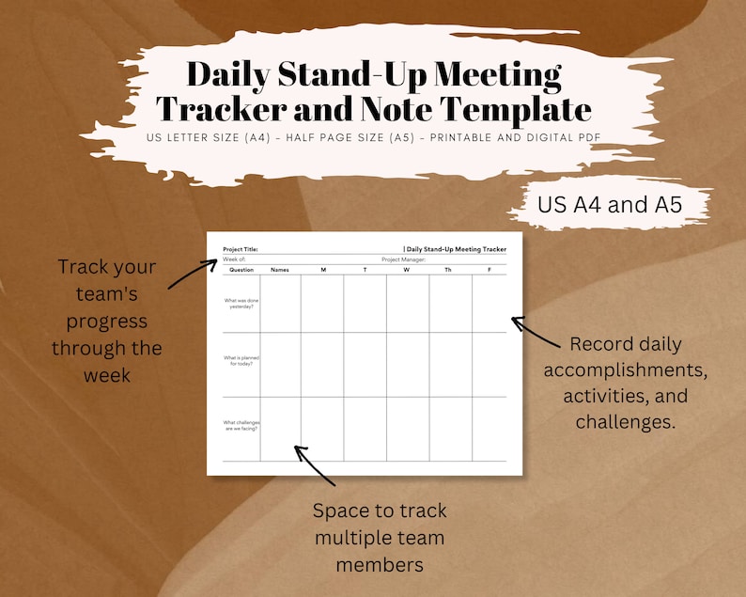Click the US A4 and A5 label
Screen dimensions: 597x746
click(610, 205)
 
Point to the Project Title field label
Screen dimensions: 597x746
click(241, 249)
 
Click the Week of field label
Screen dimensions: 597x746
click(234, 259)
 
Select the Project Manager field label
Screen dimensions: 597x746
click(403, 259)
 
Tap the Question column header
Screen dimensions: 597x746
click(241, 270)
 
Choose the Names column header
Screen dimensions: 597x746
click(280, 270)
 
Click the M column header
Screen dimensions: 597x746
click(322, 270)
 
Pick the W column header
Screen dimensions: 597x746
click(408, 270)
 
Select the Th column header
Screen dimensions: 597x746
click(447, 270)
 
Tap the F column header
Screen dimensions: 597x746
click(490, 270)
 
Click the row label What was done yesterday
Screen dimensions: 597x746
click(239, 303)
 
